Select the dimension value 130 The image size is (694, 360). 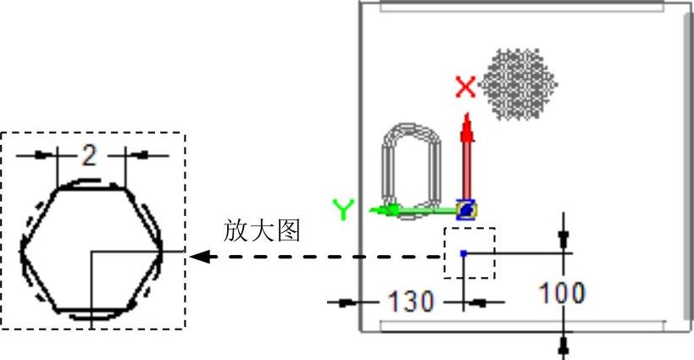[411, 301]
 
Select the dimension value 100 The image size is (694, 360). [562, 293]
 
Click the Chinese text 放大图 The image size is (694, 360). [263, 230]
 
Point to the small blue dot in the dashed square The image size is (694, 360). [463, 252]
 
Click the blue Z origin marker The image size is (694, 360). [466, 208]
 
